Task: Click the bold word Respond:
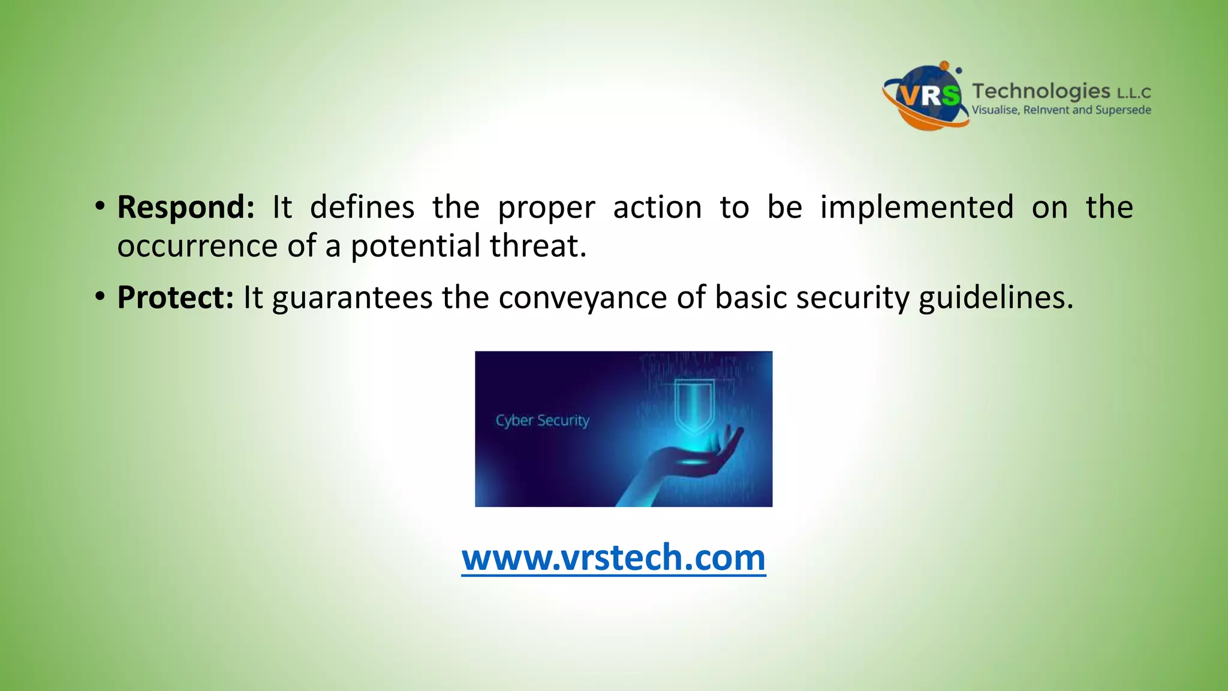click(185, 208)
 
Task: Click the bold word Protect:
click(175, 298)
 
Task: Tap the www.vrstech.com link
click(613, 558)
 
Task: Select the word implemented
click(917, 208)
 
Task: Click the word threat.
click(537, 247)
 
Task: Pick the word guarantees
click(352, 298)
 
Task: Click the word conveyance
click(582, 298)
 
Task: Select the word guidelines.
click(995, 298)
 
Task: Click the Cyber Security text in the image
click(542, 420)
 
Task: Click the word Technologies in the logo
click(1040, 91)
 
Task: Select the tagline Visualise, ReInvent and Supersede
click(1061, 110)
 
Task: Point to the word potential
click(416, 247)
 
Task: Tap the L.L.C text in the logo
click(1133, 93)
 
